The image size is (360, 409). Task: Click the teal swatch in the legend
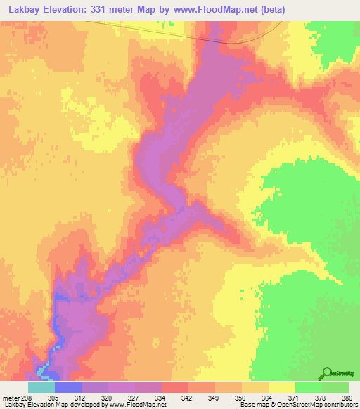(41, 387)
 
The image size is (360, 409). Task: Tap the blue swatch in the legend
(67, 387)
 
